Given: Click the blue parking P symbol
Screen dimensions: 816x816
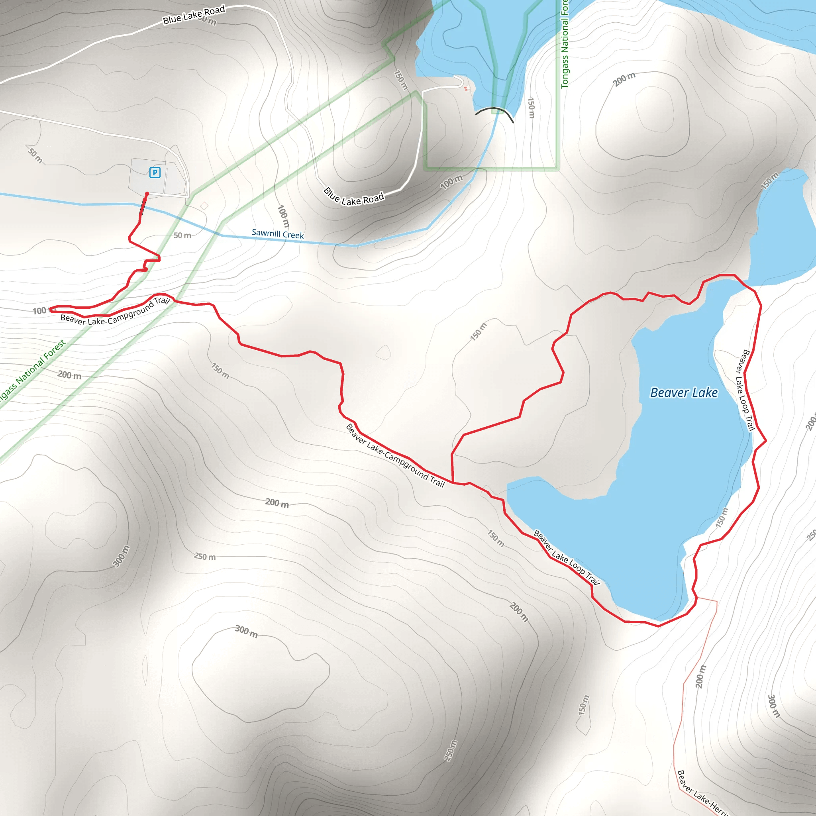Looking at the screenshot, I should point(155,172).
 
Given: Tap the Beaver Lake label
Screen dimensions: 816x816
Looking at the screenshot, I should point(683,393).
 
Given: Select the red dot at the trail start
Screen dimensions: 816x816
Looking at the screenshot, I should point(147,194).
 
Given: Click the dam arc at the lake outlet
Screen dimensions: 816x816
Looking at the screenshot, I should point(494,111).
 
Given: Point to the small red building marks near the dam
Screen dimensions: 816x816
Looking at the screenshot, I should point(466,88).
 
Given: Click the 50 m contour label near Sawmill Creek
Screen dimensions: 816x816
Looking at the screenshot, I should point(182,235).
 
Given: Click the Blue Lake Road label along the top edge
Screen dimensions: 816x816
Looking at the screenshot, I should point(194,15).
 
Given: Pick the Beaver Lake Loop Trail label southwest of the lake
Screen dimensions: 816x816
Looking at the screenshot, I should point(567,557).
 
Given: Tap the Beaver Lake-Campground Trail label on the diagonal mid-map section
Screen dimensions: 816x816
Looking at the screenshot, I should point(395,456).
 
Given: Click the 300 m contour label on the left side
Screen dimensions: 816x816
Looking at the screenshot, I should point(121,556).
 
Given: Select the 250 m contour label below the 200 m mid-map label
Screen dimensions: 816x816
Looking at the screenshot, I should point(205,557).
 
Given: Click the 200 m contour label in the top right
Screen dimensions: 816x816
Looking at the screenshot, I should point(624,79).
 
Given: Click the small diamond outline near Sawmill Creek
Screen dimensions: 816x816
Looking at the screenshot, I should point(204,206).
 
